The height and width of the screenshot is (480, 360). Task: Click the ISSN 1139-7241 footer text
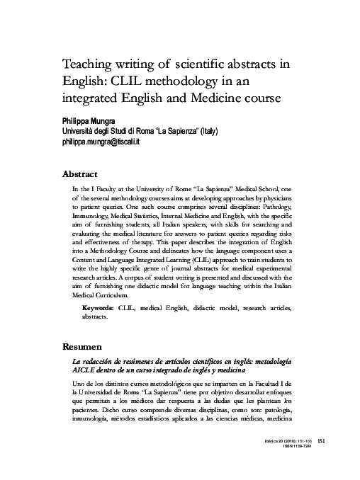click(294, 467)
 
